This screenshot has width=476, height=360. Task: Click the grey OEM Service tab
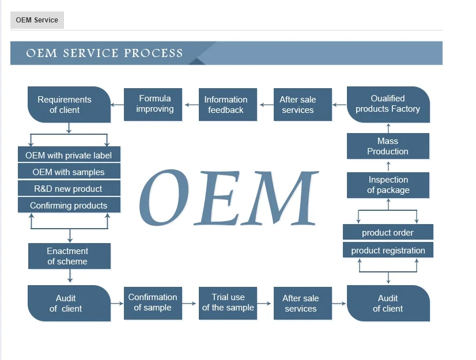[x=37, y=20]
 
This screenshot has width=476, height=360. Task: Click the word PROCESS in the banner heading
[x=153, y=53]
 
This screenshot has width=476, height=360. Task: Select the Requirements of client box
[x=69, y=105]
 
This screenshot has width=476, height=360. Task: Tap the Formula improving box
[x=153, y=105]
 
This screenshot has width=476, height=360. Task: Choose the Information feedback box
[x=228, y=105]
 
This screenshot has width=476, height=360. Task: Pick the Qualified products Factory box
[x=388, y=105]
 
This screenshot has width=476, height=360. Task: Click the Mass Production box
[x=388, y=146]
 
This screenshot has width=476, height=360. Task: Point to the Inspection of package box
[x=388, y=185]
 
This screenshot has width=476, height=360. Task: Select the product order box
[x=388, y=233]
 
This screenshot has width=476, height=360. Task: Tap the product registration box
[x=388, y=250]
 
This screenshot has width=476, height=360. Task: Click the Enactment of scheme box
[x=70, y=256]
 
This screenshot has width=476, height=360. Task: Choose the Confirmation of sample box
[x=153, y=303]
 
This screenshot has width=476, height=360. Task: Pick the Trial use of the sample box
[x=228, y=303]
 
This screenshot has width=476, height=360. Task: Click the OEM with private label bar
[x=69, y=154]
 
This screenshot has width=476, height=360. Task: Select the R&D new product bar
[x=69, y=188]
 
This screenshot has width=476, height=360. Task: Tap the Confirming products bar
[x=69, y=205]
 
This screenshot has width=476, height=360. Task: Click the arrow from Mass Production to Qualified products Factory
[x=388, y=128]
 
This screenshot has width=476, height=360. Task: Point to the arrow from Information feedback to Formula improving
[x=191, y=105]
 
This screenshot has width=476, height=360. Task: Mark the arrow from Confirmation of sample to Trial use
[x=189, y=303]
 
